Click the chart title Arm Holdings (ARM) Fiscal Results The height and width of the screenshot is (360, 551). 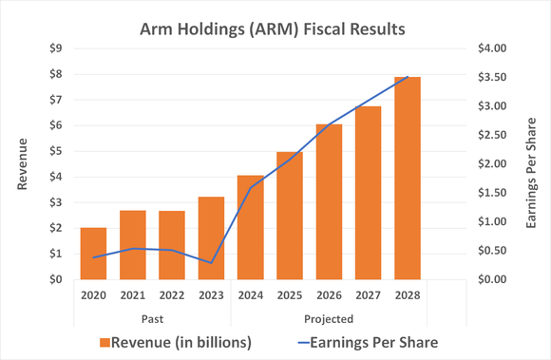point(274,28)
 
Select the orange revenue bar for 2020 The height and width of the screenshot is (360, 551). point(93,254)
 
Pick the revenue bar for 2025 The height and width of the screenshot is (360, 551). point(290,216)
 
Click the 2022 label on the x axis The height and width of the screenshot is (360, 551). point(172,296)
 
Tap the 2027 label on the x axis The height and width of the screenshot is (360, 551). point(368,296)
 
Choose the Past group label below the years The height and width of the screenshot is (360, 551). point(152,318)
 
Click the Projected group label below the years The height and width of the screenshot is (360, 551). point(329,318)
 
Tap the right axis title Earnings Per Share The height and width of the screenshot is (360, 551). point(531,163)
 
